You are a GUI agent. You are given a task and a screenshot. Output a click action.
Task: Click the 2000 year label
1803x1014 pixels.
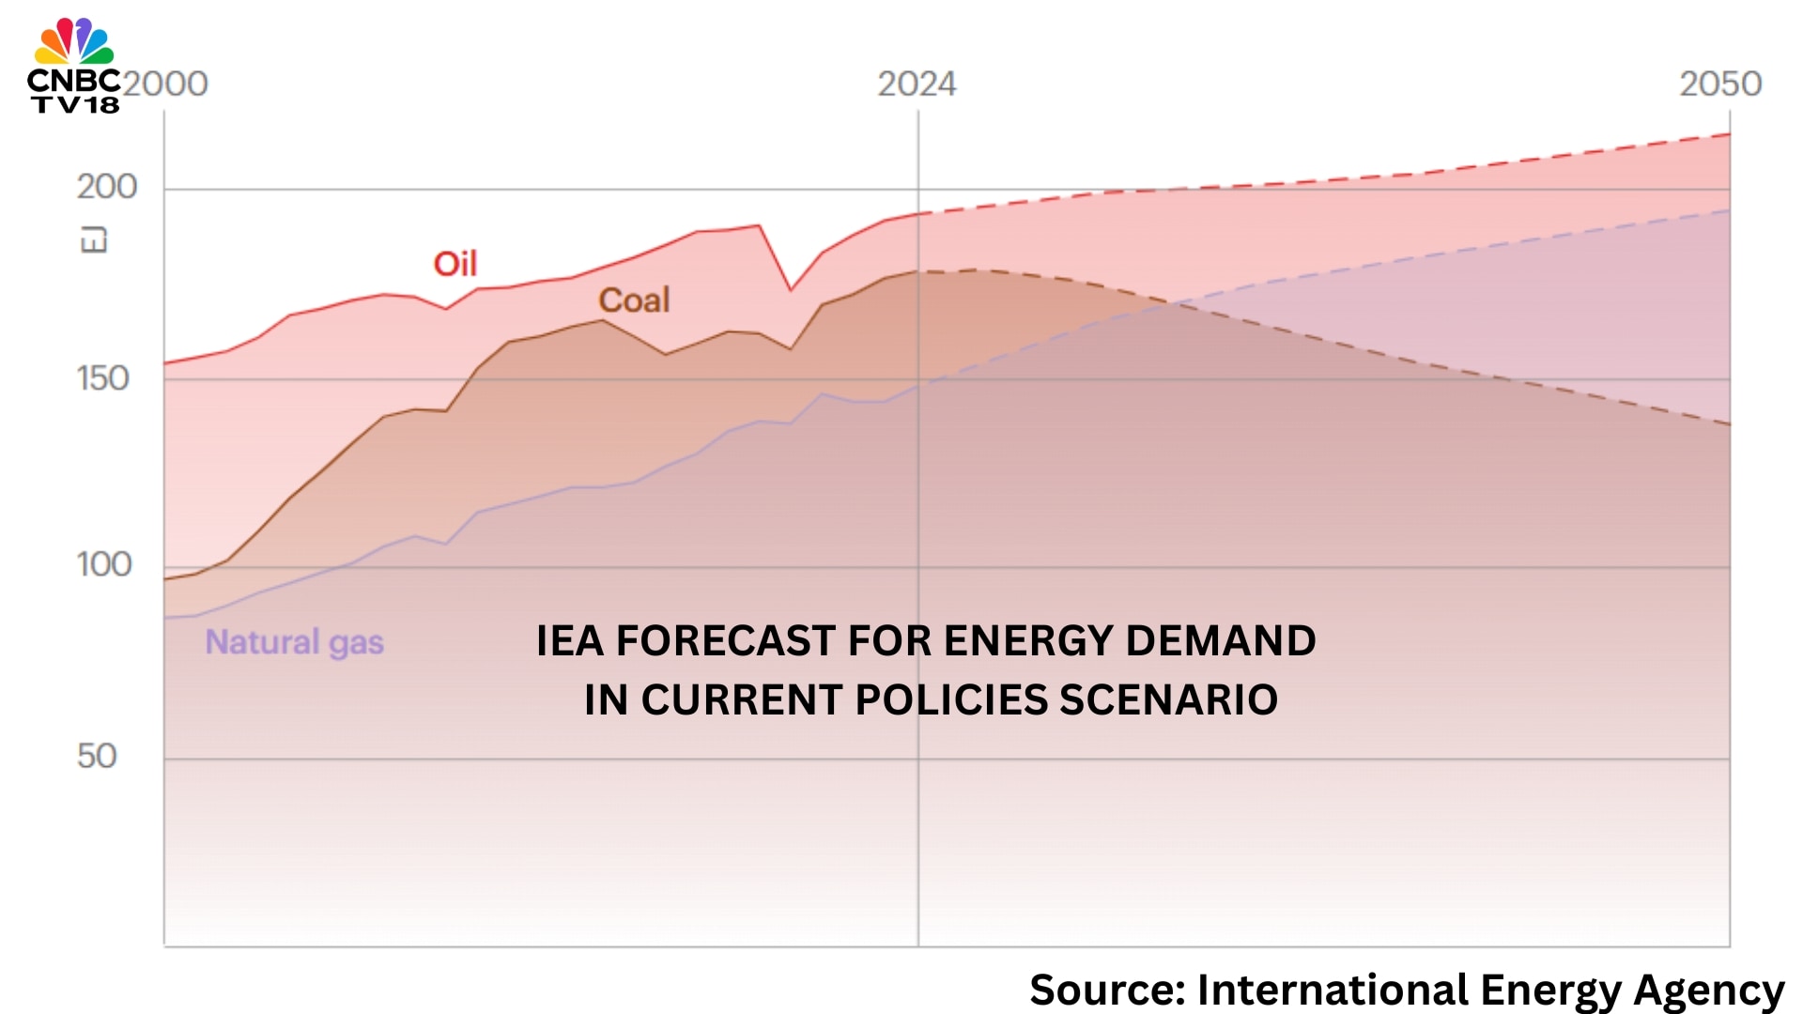(165, 84)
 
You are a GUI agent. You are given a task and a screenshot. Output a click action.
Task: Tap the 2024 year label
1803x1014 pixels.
(917, 84)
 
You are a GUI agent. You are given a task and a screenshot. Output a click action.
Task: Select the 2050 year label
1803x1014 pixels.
(1720, 84)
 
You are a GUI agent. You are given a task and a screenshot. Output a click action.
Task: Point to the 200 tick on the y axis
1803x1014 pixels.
(107, 187)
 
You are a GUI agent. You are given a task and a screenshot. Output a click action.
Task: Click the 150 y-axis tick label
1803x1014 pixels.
(103, 378)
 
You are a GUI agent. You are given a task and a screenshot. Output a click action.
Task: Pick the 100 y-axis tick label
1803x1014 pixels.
(104, 564)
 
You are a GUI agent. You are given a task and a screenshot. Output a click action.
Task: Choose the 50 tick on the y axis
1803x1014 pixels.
(97, 756)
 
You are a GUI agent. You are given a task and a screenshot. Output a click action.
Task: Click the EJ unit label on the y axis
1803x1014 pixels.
(94, 240)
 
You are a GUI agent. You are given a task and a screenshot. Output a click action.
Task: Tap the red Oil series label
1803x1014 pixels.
(455, 264)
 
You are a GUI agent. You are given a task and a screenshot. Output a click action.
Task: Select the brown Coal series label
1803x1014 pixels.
(635, 300)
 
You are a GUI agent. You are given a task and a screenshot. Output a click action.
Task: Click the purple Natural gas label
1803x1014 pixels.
(295, 643)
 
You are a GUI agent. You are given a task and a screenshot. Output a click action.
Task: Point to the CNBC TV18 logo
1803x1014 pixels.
(74, 66)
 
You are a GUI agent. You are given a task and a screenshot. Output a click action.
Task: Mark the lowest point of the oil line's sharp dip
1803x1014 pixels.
(791, 290)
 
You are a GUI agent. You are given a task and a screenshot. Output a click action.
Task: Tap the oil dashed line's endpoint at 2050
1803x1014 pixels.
(1730, 134)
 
